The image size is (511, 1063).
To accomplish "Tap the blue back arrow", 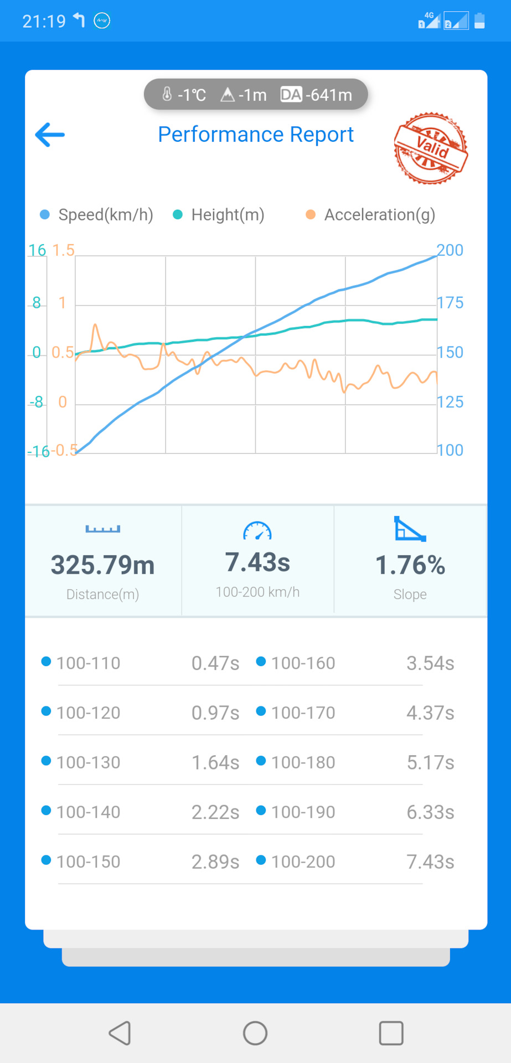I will pyautogui.click(x=50, y=135).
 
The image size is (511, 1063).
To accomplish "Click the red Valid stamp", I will pyautogui.click(x=431, y=148).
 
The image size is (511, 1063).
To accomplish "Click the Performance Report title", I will pyautogui.click(x=256, y=135).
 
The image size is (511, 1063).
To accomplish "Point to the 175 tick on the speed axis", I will pyautogui.click(x=450, y=303).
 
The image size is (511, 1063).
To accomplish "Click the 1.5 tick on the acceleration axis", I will pyautogui.click(x=63, y=250).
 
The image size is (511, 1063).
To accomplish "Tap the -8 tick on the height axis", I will pyautogui.click(x=37, y=402).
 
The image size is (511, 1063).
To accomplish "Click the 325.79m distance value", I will pyautogui.click(x=103, y=565).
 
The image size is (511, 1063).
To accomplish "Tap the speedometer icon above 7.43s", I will pyautogui.click(x=257, y=531).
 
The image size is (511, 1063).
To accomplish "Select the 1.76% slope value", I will pyautogui.click(x=410, y=565).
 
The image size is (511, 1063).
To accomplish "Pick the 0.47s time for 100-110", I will pyautogui.click(x=215, y=663).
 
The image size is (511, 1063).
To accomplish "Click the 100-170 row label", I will pyautogui.click(x=303, y=713).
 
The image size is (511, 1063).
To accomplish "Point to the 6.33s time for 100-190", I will pyautogui.click(x=430, y=812).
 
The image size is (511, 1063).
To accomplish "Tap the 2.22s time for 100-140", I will pyautogui.click(x=215, y=812).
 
